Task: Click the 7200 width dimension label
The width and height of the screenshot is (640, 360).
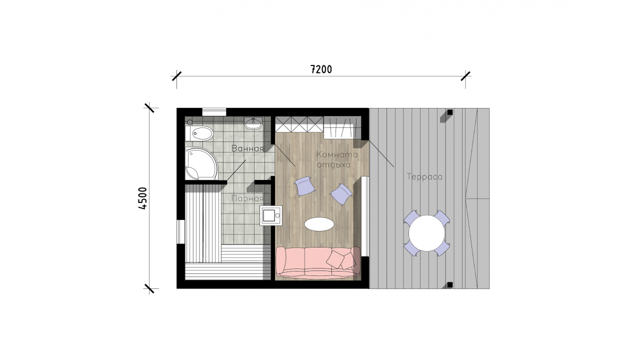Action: pos(321,69)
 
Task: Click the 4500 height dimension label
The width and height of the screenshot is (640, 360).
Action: pos(142,198)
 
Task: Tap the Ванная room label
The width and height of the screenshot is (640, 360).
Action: pos(247,148)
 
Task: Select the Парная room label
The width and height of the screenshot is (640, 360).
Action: pos(247,198)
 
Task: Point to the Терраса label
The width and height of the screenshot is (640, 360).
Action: pos(424,177)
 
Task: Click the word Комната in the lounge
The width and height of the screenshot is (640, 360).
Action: pos(337,154)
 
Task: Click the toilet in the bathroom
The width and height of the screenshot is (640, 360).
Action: pos(199,133)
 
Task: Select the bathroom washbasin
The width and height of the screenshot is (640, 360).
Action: pos(253,123)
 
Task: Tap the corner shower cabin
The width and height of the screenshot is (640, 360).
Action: pos(201,163)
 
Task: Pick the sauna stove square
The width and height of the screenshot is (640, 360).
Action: pos(270,215)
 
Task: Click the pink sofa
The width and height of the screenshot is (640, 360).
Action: pos(317,263)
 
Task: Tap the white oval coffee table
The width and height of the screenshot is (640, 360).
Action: pos(319,224)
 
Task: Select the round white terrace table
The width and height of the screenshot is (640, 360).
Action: pos(426,233)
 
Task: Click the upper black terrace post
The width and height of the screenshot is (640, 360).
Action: pos(449,112)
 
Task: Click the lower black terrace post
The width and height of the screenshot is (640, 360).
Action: pos(449,284)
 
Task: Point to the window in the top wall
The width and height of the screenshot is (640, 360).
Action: pos(214,112)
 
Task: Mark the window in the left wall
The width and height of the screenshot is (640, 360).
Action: pos(180,231)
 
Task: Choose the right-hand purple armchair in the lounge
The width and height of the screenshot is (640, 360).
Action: pos(341,194)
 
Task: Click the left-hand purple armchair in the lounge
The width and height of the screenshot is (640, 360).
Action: pos(305,186)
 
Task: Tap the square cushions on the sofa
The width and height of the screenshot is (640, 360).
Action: pos(341,259)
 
